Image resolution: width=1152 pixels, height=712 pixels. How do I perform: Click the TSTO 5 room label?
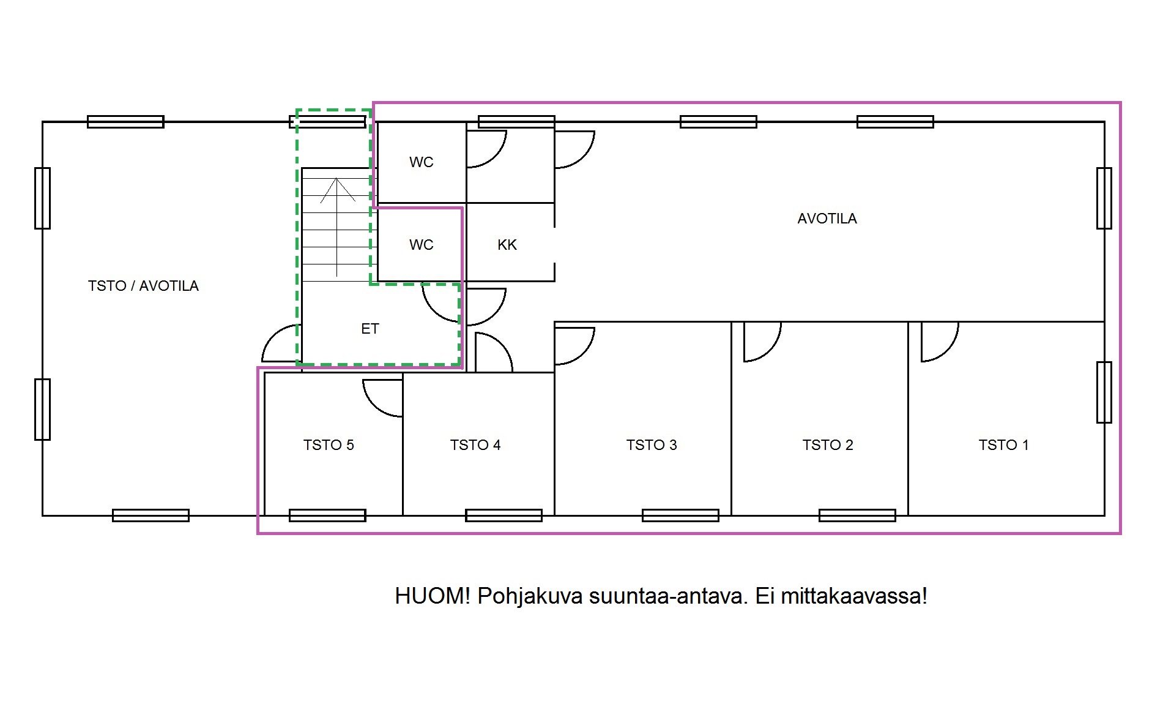tap(329, 445)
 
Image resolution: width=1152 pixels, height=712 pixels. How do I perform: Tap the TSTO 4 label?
tap(475, 445)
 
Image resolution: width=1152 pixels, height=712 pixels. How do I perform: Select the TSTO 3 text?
tap(652, 445)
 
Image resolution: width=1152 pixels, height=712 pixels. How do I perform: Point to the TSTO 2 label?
tap(828, 445)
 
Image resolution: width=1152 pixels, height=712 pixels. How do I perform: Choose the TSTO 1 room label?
tap(1003, 445)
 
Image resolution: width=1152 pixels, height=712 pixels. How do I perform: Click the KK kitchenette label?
tap(507, 245)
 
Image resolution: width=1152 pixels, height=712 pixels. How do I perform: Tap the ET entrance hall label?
tap(370, 329)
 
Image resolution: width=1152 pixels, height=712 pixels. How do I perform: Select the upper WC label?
tap(422, 162)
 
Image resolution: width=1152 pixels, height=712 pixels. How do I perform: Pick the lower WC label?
tap(422, 245)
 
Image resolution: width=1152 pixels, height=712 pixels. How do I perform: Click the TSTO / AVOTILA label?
tap(143, 286)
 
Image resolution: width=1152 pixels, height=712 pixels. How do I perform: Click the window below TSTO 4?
tap(504, 515)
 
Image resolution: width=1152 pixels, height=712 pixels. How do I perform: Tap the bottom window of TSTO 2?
tap(857, 515)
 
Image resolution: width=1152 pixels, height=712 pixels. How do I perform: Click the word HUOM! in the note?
tap(433, 596)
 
